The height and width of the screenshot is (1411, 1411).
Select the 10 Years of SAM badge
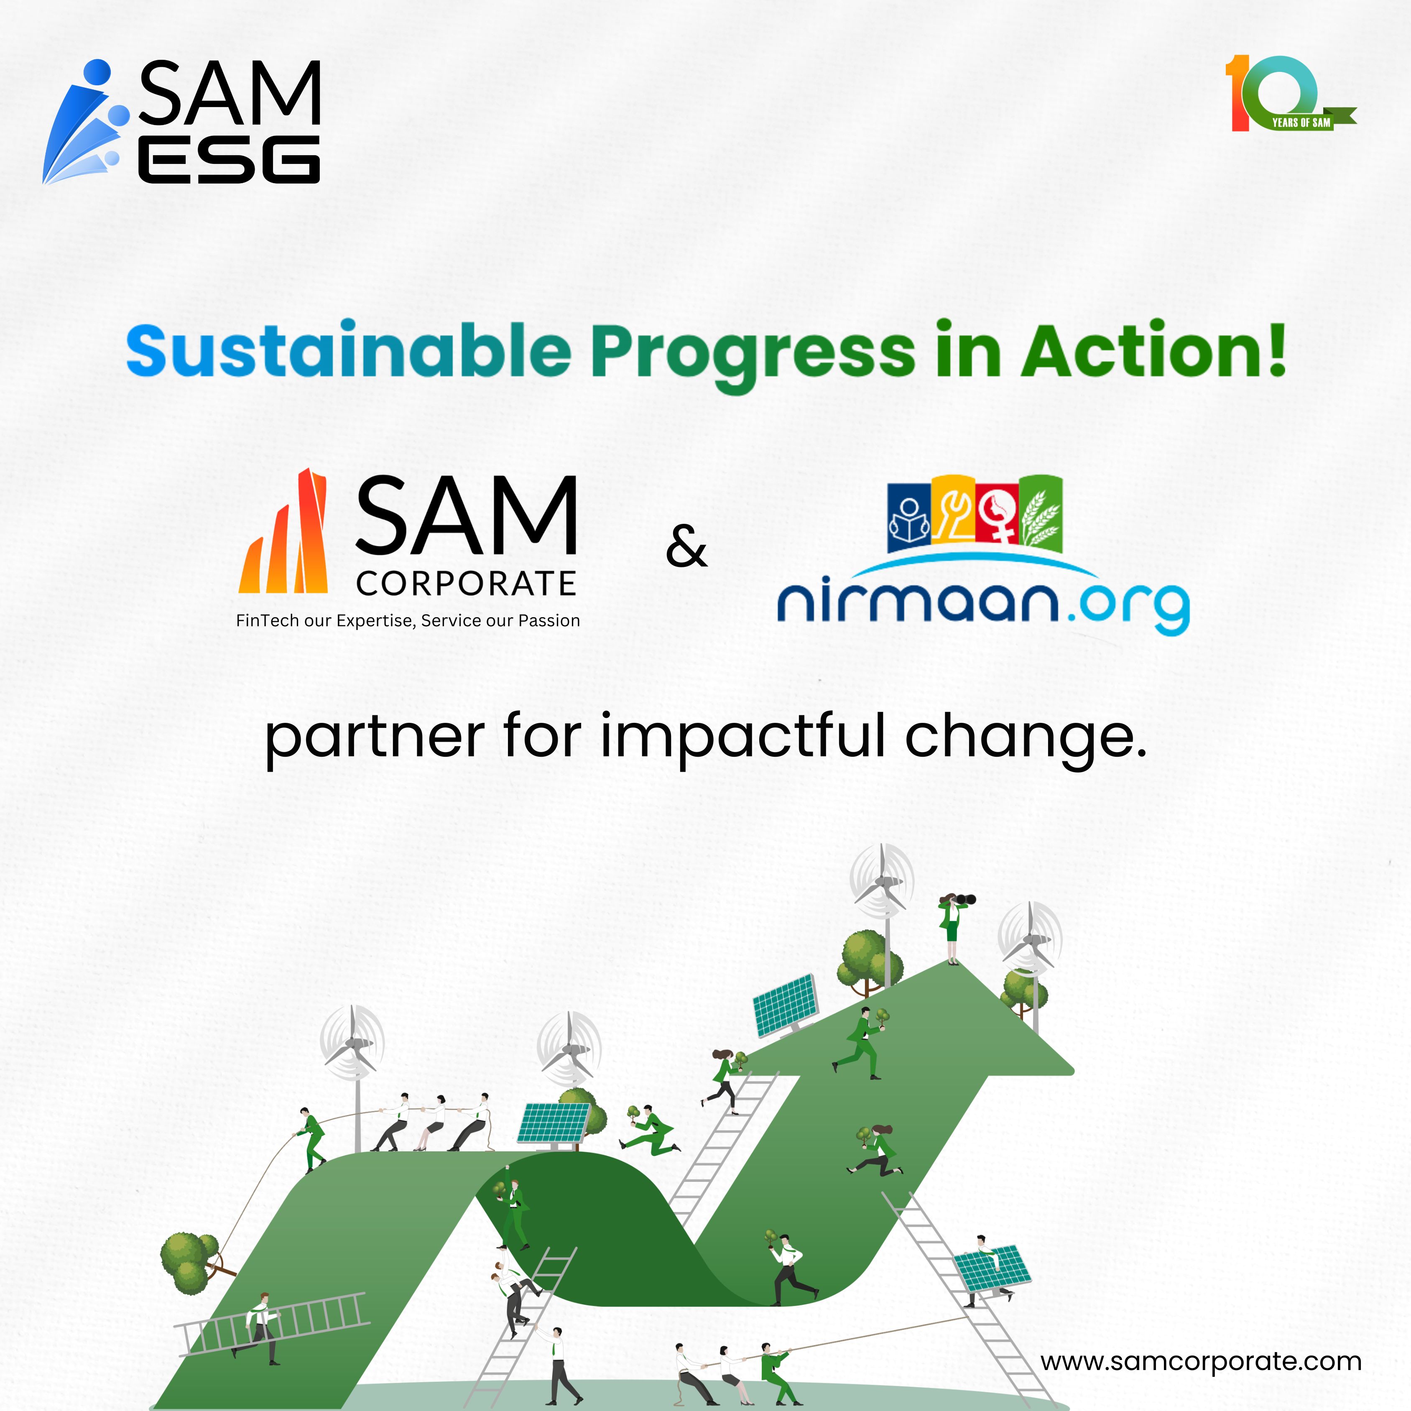(x=1289, y=94)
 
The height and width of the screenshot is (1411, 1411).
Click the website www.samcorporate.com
(x=1201, y=1361)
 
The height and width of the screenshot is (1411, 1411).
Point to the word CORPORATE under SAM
(x=467, y=584)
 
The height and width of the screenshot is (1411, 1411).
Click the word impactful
(x=743, y=737)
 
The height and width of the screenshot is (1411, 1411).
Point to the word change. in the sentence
(x=1026, y=737)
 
